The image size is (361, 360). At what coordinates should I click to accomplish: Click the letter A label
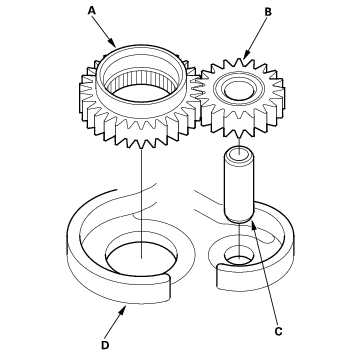(x=92, y=11)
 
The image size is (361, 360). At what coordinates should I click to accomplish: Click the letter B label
(x=268, y=12)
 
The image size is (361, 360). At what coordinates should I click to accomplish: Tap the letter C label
(x=278, y=331)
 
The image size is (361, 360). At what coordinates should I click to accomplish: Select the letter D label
(x=105, y=345)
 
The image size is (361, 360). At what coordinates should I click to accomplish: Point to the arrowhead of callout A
(x=113, y=44)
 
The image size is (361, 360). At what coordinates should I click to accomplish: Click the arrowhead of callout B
(x=246, y=56)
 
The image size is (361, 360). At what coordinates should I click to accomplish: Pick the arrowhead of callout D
(x=124, y=309)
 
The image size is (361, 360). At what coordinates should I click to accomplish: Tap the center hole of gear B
(x=239, y=90)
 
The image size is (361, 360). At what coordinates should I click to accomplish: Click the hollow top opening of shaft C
(x=239, y=154)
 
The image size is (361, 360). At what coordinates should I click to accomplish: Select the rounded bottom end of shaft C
(x=239, y=218)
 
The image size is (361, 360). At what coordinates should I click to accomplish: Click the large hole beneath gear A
(x=142, y=258)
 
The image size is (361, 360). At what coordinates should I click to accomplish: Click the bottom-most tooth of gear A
(x=143, y=143)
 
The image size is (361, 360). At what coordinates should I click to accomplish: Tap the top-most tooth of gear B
(x=240, y=62)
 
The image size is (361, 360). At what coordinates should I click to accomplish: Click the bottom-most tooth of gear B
(x=239, y=133)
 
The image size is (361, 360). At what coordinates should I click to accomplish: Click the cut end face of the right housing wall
(x=219, y=277)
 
